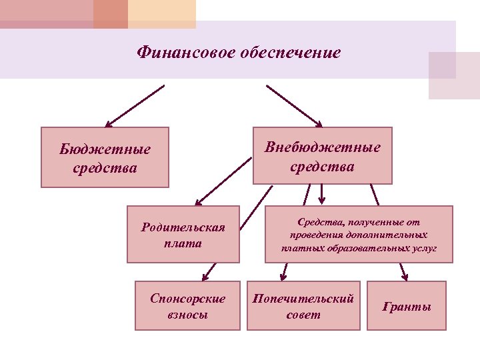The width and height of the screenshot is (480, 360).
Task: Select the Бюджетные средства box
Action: pos(105,157)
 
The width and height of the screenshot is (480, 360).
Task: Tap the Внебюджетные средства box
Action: pos(323,155)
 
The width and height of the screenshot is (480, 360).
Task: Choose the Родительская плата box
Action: pos(183,235)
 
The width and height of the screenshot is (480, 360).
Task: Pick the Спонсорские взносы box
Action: pos(187,306)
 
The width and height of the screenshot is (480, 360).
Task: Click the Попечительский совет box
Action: pos(303,306)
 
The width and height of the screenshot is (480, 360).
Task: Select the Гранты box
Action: pos(406,306)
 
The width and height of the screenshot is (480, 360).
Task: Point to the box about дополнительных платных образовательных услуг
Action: pos(359,234)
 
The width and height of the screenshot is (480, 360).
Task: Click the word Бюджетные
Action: pos(105,149)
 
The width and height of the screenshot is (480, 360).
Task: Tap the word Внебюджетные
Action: pos(323,147)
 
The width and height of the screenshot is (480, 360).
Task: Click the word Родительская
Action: pos(183,227)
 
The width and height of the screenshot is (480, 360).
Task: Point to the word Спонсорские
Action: pos(187,299)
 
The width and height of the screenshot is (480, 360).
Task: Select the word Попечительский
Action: pos(303,299)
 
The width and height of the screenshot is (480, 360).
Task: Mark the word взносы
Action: pos(187,314)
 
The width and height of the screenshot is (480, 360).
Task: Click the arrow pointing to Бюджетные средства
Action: pos(135,105)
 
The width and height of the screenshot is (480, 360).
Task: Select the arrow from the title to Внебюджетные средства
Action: pos(293,105)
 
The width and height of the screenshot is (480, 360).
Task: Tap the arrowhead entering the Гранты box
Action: pos(405,277)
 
